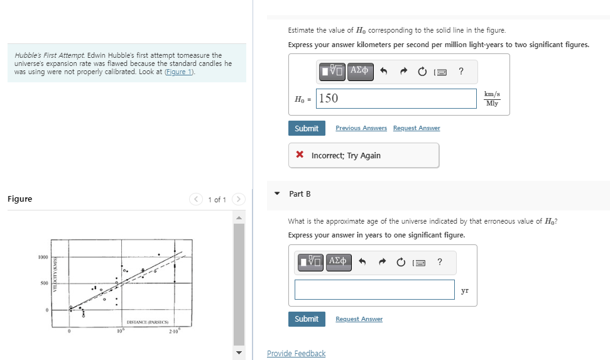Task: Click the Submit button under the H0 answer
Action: pos(307,128)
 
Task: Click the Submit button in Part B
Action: pos(307,319)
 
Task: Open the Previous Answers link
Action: pos(361,128)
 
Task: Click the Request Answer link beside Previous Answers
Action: pos(417,128)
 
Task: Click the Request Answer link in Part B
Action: pos(359,319)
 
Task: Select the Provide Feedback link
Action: pos(296,353)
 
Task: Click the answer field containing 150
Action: pos(397,98)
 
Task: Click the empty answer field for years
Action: pos(374,290)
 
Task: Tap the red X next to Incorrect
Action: pos(300,155)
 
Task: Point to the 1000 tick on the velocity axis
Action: pos(43,257)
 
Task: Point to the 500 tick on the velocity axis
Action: pos(44,283)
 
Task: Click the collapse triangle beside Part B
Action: pos(277,194)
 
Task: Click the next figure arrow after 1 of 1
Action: pos(238,199)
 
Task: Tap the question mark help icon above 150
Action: pos(461,71)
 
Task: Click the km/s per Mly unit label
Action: pos(493,99)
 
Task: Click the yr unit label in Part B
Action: pos(465,290)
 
